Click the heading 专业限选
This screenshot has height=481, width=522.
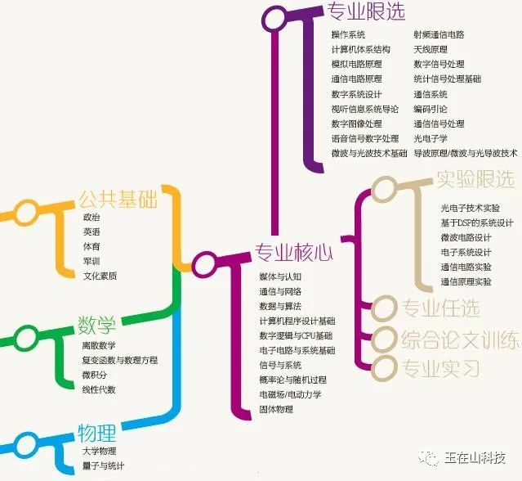(x=365, y=11)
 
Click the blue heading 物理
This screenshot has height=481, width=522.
(x=96, y=432)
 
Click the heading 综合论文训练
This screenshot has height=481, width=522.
(x=460, y=339)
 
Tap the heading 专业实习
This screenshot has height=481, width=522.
(x=441, y=368)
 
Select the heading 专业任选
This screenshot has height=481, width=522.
(x=441, y=308)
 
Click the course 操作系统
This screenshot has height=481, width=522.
(x=348, y=35)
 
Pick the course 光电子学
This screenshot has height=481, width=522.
(x=431, y=138)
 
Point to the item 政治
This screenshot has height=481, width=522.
(x=91, y=218)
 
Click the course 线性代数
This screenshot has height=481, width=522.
(x=99, y=389)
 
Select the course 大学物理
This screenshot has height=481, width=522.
(x=99, y=451)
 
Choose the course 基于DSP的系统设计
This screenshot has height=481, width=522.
(x=477, y=223)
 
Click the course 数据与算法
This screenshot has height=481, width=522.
(x=280, y=306)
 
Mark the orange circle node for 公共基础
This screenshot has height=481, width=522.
(x=27, y=212)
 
